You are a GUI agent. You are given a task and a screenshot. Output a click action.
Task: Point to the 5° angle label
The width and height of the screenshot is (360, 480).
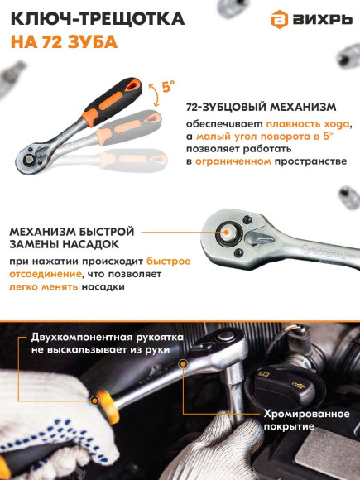coord(169,86)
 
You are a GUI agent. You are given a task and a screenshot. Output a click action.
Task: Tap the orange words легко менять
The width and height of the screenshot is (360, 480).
coord(42,286)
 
